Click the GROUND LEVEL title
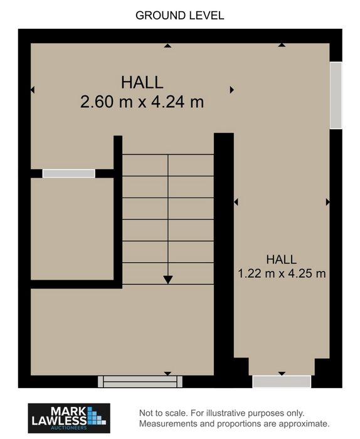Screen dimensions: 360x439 (180, 16)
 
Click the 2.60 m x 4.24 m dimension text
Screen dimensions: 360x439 (142, 102)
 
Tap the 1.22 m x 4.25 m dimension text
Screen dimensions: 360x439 (282, 273)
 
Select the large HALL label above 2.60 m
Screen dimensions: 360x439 (142, 82)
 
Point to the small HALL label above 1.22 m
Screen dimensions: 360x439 (282, 260)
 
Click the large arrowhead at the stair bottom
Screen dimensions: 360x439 (167, 280)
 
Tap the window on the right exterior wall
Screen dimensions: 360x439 (336, 95)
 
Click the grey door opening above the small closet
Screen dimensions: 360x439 (69, 173)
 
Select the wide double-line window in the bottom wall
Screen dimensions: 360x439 (140, 381)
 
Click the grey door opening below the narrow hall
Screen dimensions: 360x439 (282, 381)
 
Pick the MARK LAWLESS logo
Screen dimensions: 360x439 (69, 418)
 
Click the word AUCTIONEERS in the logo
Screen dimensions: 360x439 (69, 428)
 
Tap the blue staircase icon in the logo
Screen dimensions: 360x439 (97, 416)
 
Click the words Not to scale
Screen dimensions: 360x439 (163, 413)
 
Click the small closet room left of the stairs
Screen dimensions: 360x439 (72, 229)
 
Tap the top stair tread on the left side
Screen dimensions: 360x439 (145, 165)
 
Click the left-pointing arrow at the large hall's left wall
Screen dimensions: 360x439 (33, 90)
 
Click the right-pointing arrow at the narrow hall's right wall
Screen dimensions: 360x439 (328, 202)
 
